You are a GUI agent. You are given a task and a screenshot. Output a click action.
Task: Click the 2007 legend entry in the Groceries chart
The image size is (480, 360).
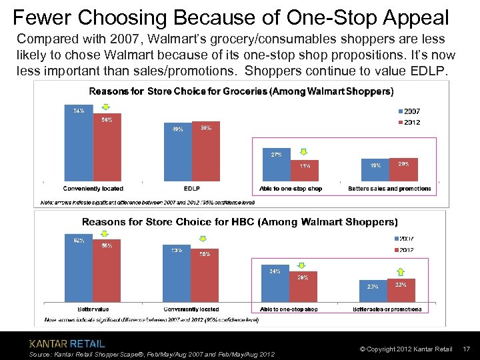point(408,111)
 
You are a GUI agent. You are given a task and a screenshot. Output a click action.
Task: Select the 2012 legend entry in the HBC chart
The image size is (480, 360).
point(408,250)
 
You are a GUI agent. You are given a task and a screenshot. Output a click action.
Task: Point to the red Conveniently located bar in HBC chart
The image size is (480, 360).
point(205,276)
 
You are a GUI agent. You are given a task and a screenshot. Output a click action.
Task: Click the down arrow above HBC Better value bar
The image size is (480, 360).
point(105,234)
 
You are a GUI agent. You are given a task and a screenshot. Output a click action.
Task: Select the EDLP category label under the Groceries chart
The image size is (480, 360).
point(191,189)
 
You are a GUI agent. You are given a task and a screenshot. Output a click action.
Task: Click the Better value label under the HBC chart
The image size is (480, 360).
point(93,309)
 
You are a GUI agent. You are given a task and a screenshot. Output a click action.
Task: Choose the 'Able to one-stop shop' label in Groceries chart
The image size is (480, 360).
point(291,189)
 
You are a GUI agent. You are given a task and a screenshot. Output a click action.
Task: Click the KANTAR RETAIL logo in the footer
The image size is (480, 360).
point(67,344)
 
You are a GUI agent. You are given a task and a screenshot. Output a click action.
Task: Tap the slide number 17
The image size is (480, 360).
point(466,349)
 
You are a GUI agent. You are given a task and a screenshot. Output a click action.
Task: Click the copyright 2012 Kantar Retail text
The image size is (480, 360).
point(405,349)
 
